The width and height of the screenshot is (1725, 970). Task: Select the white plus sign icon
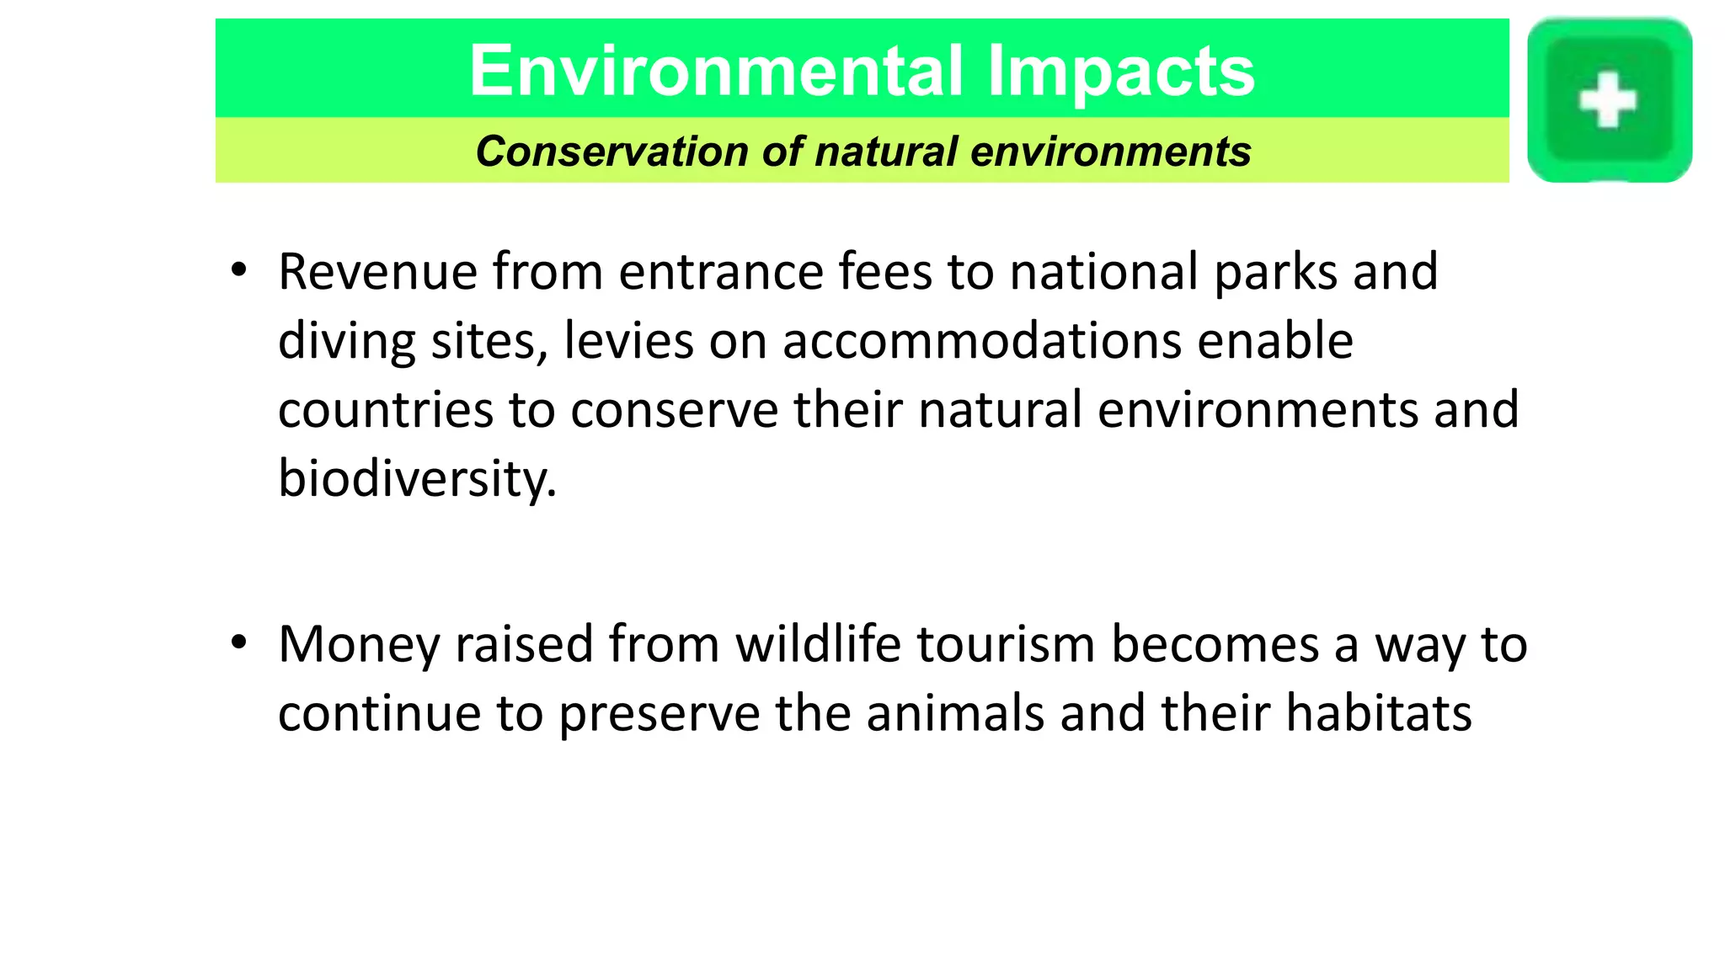click(x=1607, y=101)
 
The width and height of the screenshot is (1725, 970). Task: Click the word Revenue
click(x=378, y=273)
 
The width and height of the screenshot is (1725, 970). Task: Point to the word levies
click(x=628, y=342)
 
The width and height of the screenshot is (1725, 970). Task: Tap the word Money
click(x=360, y=645)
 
